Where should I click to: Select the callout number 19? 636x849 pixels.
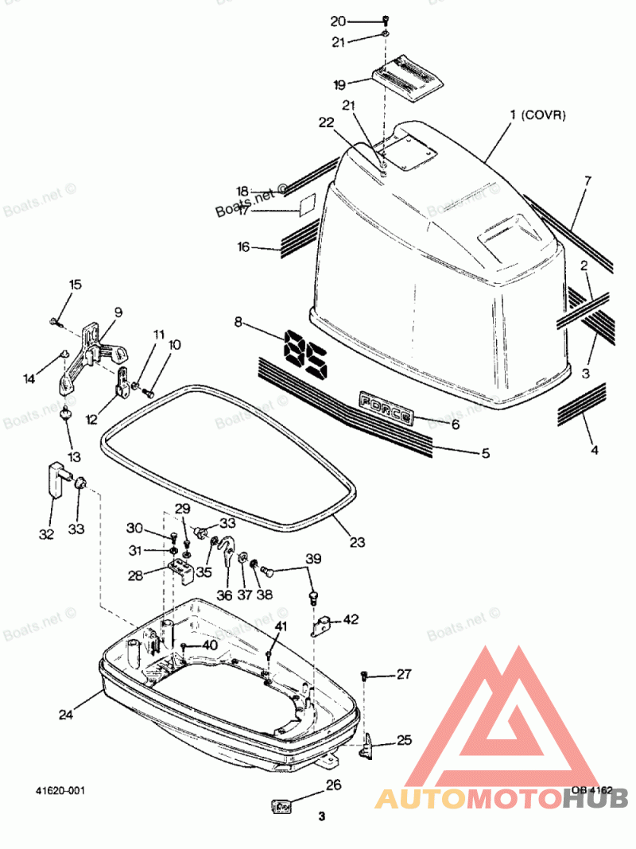339,84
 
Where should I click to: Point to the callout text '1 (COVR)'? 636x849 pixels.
537,116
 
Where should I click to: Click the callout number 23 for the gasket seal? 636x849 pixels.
357,542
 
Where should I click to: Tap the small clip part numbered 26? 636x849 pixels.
281,807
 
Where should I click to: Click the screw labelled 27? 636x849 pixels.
365,675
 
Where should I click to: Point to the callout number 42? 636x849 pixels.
351,619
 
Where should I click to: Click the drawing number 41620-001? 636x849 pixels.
60,791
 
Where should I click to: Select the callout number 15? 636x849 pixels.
75,285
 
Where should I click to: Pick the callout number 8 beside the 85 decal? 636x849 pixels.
238,322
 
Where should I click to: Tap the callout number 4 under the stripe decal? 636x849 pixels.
593,450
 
